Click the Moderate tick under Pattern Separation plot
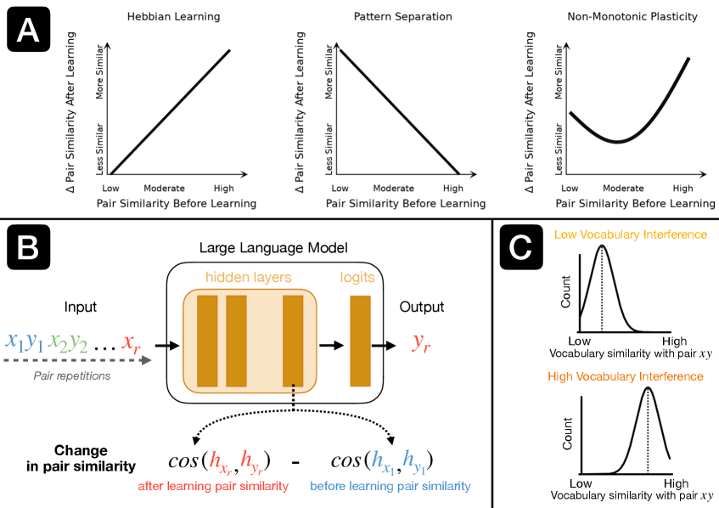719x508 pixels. (393, 188)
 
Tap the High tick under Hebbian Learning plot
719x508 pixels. (223, 188)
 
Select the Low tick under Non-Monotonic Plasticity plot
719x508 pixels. (570, 188)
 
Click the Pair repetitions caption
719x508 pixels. (71, 375)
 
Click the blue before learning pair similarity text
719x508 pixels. (390, 487)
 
